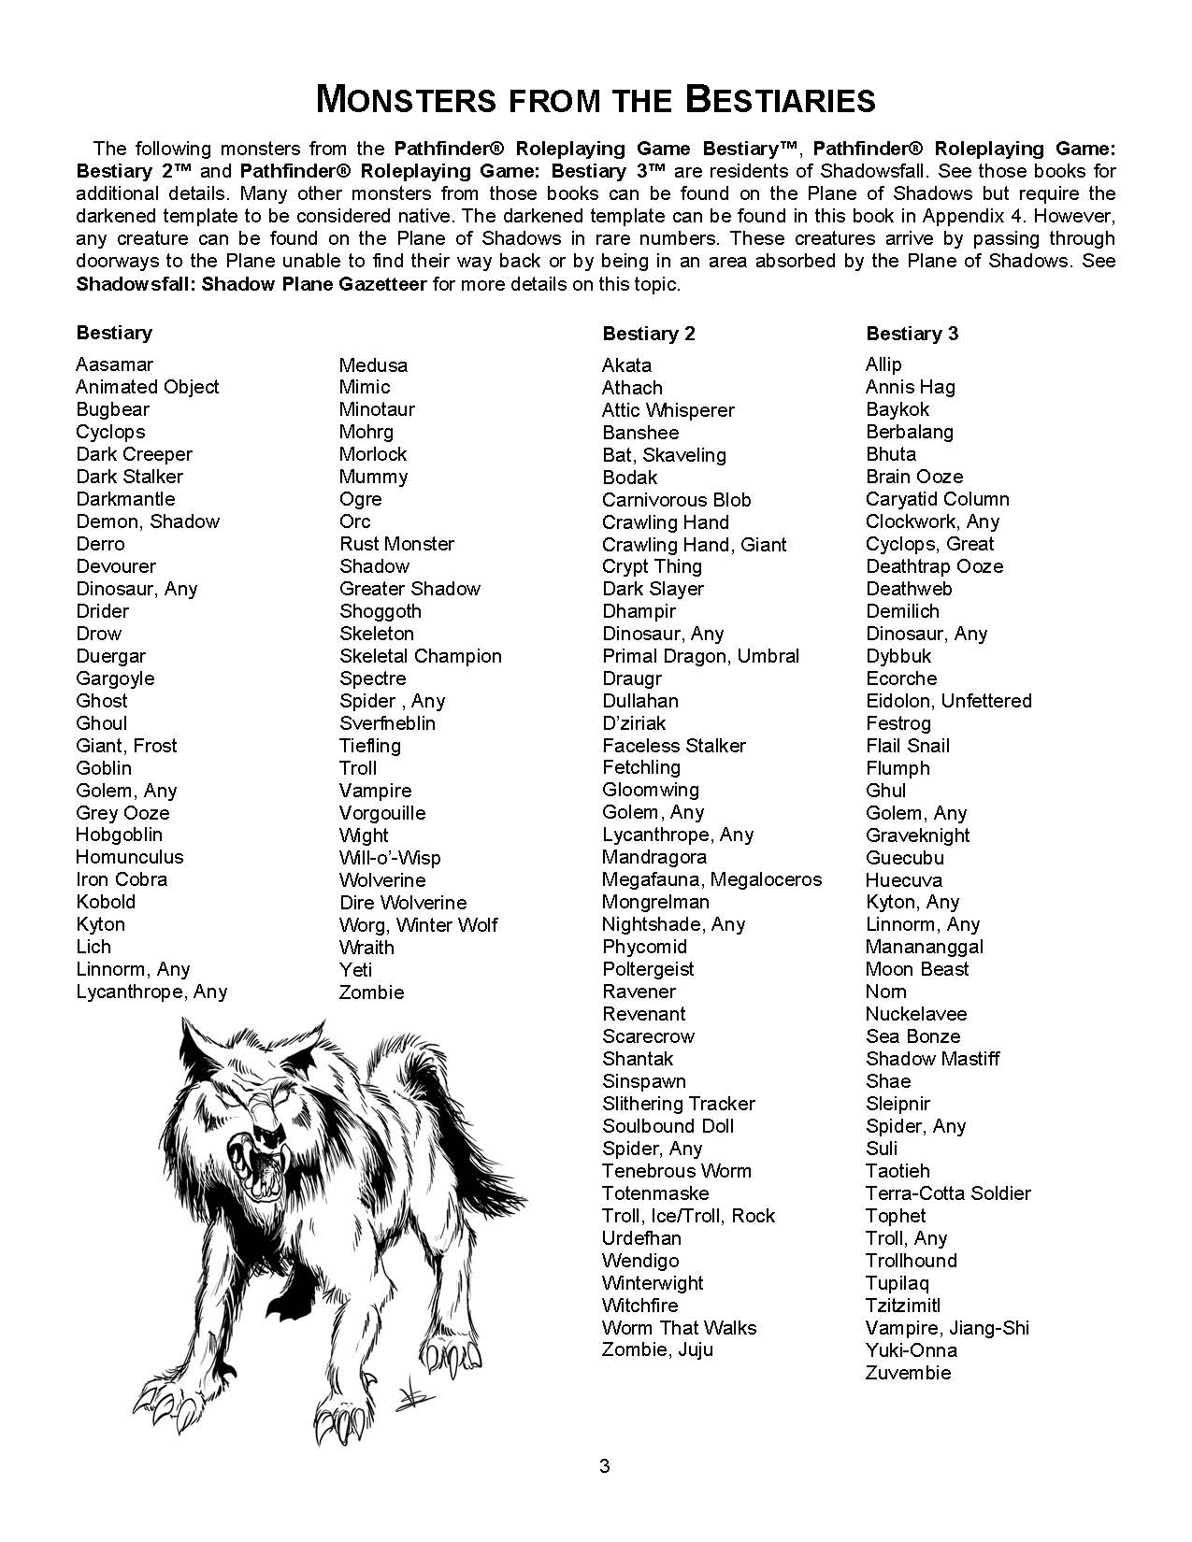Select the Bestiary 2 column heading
[x=649, y=334]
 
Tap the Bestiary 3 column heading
[x=912, y=334]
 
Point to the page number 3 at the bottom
[x=604, y=1465]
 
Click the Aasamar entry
[x=114, y=364]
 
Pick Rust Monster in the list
[x=396, y=544]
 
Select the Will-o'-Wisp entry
[x=390, y=858]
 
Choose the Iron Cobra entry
[x=122, y=879]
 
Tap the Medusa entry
[x=373, y=364]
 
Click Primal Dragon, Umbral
[x=700, y=656]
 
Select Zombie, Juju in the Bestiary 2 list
[x=657, y=1349]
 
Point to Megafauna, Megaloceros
[x=711, y=879]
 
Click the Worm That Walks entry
[x=679, y=1328]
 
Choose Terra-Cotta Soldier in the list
[x=948, y=1193]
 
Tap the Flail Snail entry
[x=907, y=746]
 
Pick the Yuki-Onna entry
[x=911, y=1350]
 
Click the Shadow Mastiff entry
[x=932, y=1059]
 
